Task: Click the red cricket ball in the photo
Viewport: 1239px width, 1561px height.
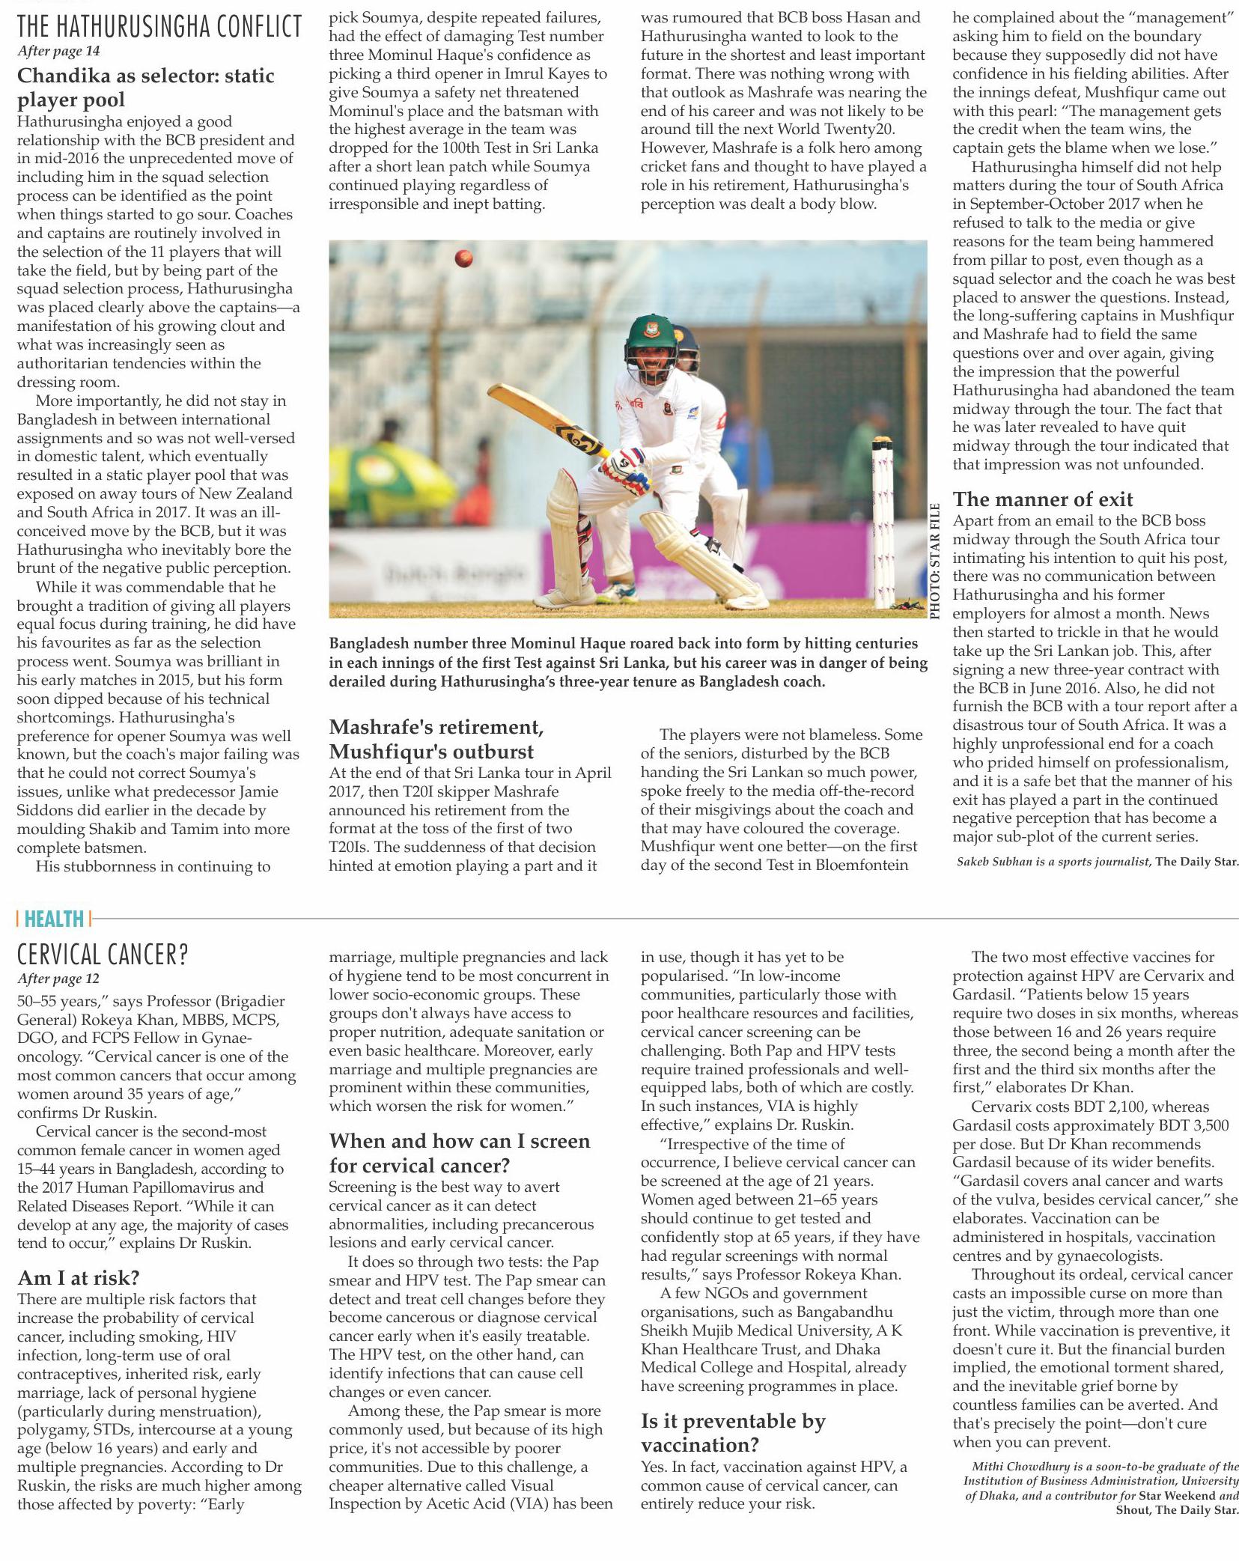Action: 463,259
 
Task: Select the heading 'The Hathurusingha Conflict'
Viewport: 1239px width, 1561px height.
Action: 159,27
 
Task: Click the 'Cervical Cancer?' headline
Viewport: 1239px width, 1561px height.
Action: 103,955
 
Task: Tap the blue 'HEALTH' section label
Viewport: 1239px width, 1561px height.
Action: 53,918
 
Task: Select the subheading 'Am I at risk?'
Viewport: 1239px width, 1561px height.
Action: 79,1277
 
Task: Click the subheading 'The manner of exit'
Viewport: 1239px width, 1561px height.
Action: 1042,499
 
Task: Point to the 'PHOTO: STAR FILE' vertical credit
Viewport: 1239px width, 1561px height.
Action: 934,562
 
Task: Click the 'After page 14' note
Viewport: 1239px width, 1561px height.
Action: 58,51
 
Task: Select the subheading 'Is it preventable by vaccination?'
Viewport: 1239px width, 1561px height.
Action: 732,1432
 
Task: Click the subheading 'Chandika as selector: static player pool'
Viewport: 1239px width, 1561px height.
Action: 145,88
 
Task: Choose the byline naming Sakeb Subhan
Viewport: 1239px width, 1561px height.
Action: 1097,862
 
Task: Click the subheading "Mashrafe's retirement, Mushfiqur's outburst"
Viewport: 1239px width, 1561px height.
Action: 436,739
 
